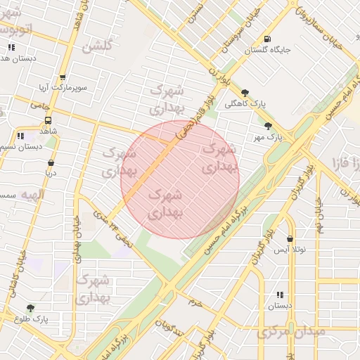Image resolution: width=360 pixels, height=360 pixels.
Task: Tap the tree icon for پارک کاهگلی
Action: [245, 93]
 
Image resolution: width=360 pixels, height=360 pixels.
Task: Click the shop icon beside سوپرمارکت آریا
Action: [63, 79]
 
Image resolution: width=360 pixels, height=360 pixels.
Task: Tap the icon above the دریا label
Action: [50, 162]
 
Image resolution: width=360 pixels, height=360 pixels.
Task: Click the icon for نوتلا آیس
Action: [290, 239]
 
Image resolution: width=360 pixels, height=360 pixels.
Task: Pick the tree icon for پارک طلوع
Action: [30, 308]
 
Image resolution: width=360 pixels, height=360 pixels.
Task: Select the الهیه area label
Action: [32, 194]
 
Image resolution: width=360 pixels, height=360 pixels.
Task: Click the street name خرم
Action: [195, 302]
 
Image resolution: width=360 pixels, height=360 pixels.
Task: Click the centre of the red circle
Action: [180, 179]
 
